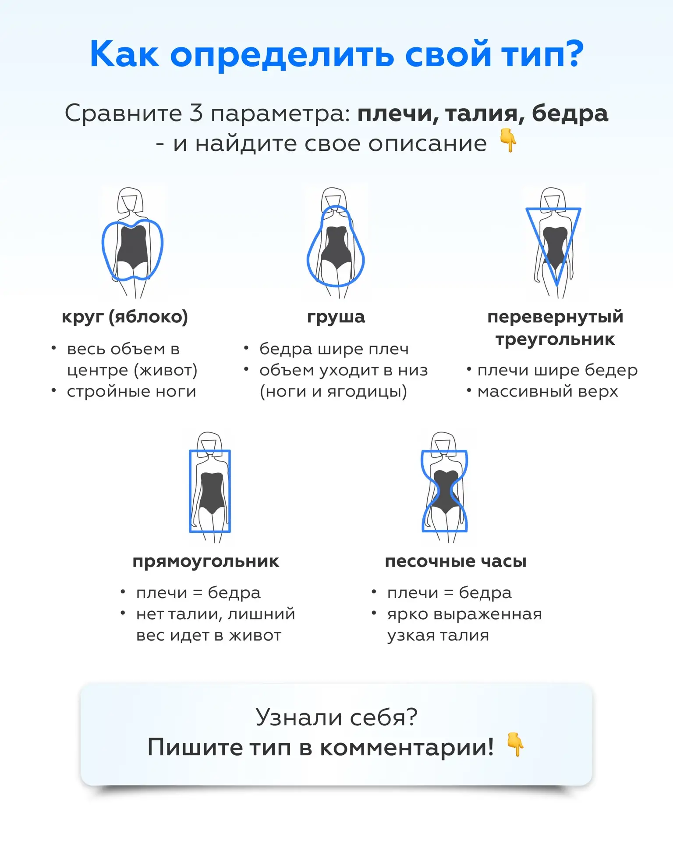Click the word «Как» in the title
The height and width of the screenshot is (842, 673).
[124, 54]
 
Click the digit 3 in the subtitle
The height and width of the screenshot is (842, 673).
[196, 113]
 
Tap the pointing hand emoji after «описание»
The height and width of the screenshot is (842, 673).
[508, 141]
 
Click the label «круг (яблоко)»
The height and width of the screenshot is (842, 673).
[124, 317]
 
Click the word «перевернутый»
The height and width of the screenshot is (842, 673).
[555, 317]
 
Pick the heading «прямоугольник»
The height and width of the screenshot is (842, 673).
[206, 561]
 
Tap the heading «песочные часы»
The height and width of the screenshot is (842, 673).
[456, 561]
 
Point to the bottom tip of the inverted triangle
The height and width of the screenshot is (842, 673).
[557, 285]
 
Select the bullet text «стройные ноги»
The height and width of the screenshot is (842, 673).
[131, 391]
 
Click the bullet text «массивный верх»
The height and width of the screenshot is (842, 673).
[548, 391]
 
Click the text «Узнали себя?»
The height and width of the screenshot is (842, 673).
[336, 717]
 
